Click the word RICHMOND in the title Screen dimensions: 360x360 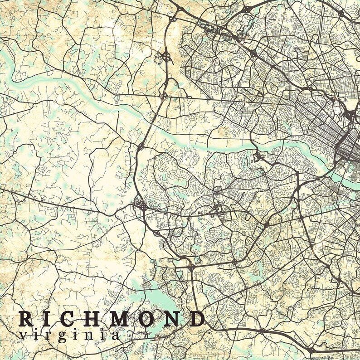coord(111,320)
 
